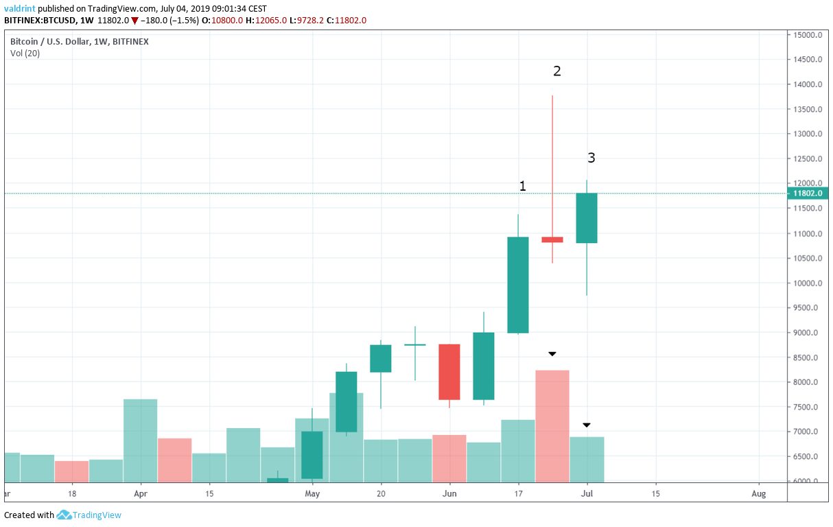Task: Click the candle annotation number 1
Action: (x=523, y=186)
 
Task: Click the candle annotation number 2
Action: (x=557, y=71)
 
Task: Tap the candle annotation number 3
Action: (x=591, y=158)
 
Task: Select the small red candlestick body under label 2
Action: (x=552, y=239)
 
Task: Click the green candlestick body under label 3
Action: (x=587, y=218)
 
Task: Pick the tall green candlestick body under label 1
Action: (x=518, y=285)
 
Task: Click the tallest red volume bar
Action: (x=552, y=425)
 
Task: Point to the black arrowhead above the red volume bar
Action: (x=552, y=354)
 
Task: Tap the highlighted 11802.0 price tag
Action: (x=808, y=194)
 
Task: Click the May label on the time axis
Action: (x=312, y=493)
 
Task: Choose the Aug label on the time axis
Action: (x=758, y=493)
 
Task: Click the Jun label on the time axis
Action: (x=449, y=493)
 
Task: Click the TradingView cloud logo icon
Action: (x=64, y=515)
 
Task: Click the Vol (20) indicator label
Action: (x=25, y=54)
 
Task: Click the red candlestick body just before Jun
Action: (x=449, y=372)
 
